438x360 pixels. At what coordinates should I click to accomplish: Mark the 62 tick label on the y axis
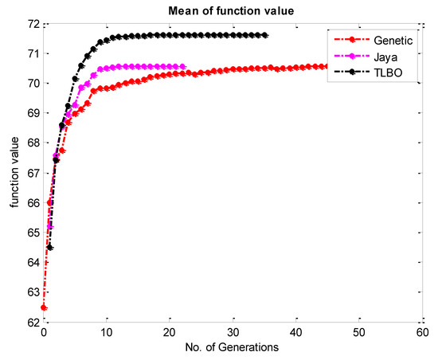33,322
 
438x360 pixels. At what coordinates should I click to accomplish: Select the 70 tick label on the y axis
33,84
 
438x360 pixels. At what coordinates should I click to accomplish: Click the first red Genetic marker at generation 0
44,307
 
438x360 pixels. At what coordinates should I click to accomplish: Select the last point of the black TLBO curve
264,35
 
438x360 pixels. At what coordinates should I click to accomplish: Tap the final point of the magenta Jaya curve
182,66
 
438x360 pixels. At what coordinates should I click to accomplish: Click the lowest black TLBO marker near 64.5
50,248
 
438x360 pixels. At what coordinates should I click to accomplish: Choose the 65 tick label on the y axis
33,233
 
